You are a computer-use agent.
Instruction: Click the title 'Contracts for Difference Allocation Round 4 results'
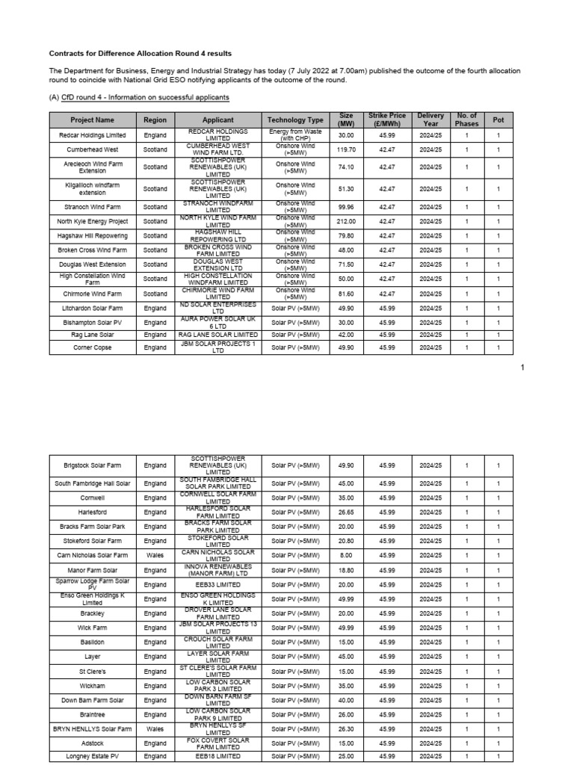140,54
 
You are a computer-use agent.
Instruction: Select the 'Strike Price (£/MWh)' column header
386,120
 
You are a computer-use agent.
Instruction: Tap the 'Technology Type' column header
295,120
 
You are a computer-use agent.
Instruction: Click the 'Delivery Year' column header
430,120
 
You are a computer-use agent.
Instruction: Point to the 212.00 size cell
346,221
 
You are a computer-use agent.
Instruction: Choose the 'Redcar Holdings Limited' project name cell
93,135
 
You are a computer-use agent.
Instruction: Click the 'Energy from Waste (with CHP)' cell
295,135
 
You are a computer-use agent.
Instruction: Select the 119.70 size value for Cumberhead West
346,149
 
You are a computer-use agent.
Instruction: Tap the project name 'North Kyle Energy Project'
93,221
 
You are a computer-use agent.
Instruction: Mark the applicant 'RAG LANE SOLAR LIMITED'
217,335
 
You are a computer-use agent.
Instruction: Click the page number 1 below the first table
522,367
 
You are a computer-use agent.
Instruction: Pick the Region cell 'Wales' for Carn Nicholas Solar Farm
155,555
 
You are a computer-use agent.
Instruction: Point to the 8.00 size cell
346,555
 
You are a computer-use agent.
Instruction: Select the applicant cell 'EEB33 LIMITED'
217,585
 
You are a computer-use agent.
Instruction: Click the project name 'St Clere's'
93,672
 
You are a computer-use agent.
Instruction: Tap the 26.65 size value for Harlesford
346,512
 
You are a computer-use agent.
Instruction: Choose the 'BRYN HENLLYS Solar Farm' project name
93,729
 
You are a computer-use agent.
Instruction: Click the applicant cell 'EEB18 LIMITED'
217,757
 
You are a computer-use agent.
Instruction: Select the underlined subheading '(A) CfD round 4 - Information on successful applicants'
139,98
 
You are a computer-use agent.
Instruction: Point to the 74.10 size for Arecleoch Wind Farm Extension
346,167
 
